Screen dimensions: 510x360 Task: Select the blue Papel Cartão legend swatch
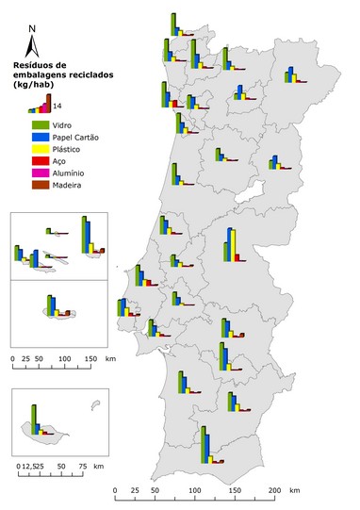click(x=40, y=137)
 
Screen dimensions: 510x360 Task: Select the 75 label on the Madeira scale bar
click(x=83, y=466)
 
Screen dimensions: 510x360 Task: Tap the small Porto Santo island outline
click(x=93, y=406)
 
